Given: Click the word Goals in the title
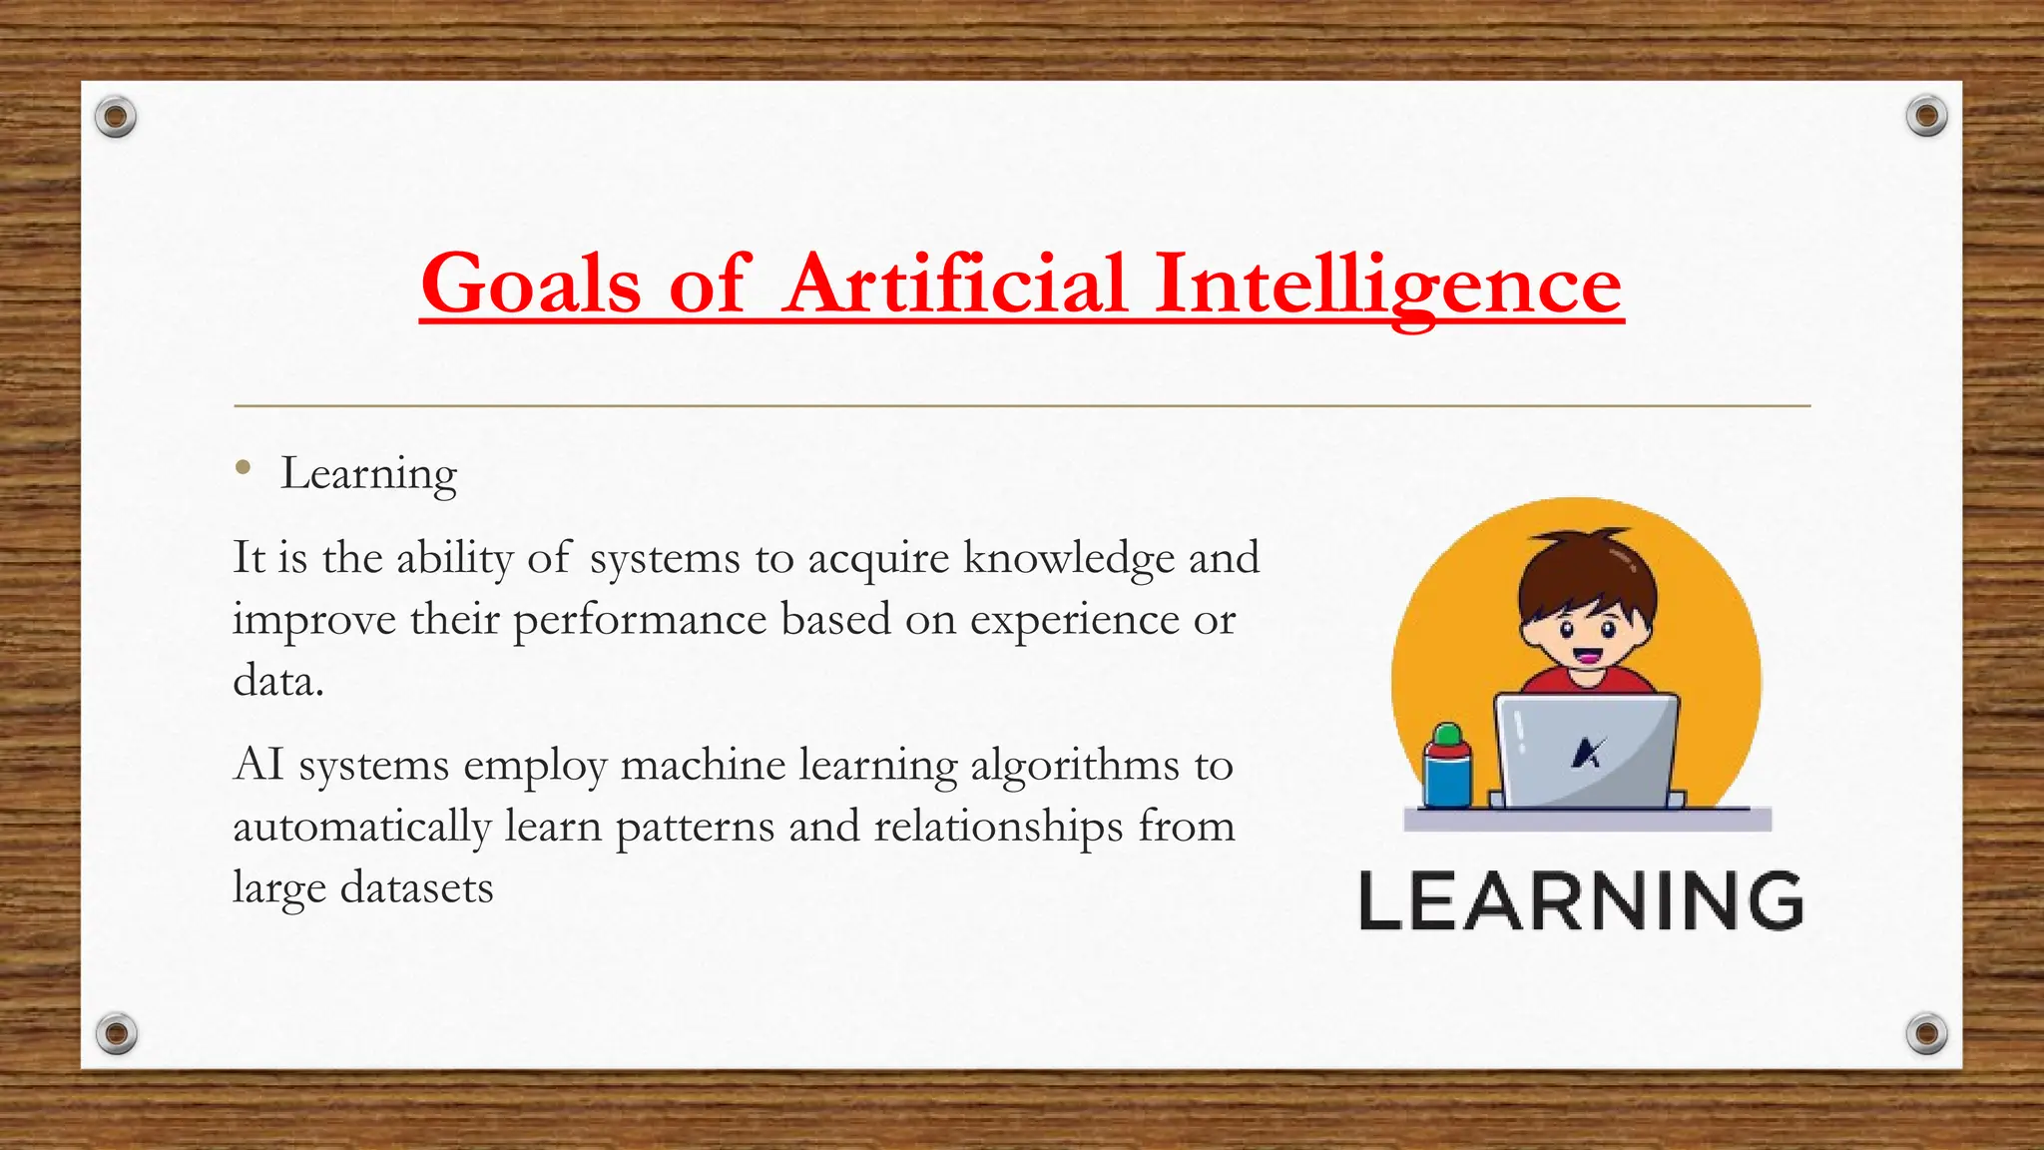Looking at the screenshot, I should click(530, 285).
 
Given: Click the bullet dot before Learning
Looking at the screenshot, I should click(243, 467).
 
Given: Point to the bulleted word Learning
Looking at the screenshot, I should click(368, 474).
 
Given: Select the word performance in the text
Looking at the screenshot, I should click(640, 620).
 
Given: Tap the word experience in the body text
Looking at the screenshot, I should click(1075, 620).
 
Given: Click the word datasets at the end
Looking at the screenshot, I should click(416, 887).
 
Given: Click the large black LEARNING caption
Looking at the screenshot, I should click(1581, 901).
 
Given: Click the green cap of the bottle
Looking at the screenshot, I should click(1447, 737).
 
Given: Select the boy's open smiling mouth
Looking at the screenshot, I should click(1587, 657).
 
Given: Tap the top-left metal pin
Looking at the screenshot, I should click(116, 118).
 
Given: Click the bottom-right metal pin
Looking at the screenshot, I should click(1926, 1032).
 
